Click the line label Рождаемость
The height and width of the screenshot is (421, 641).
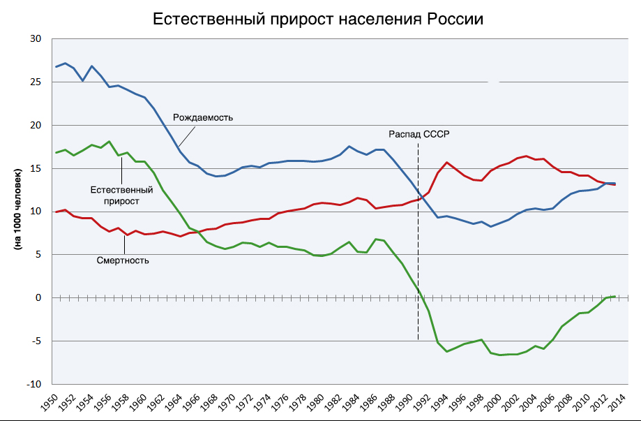pos(203,117)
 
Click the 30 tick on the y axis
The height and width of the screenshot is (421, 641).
pos(36,39)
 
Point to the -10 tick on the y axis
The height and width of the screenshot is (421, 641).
pos(33,384)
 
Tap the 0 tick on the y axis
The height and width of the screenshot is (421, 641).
pos(39,298)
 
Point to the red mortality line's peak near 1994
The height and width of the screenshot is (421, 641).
pos(446,163)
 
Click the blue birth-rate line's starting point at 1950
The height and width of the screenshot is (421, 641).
pos(56,66)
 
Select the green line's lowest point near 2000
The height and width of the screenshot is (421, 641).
pos(499,355)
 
